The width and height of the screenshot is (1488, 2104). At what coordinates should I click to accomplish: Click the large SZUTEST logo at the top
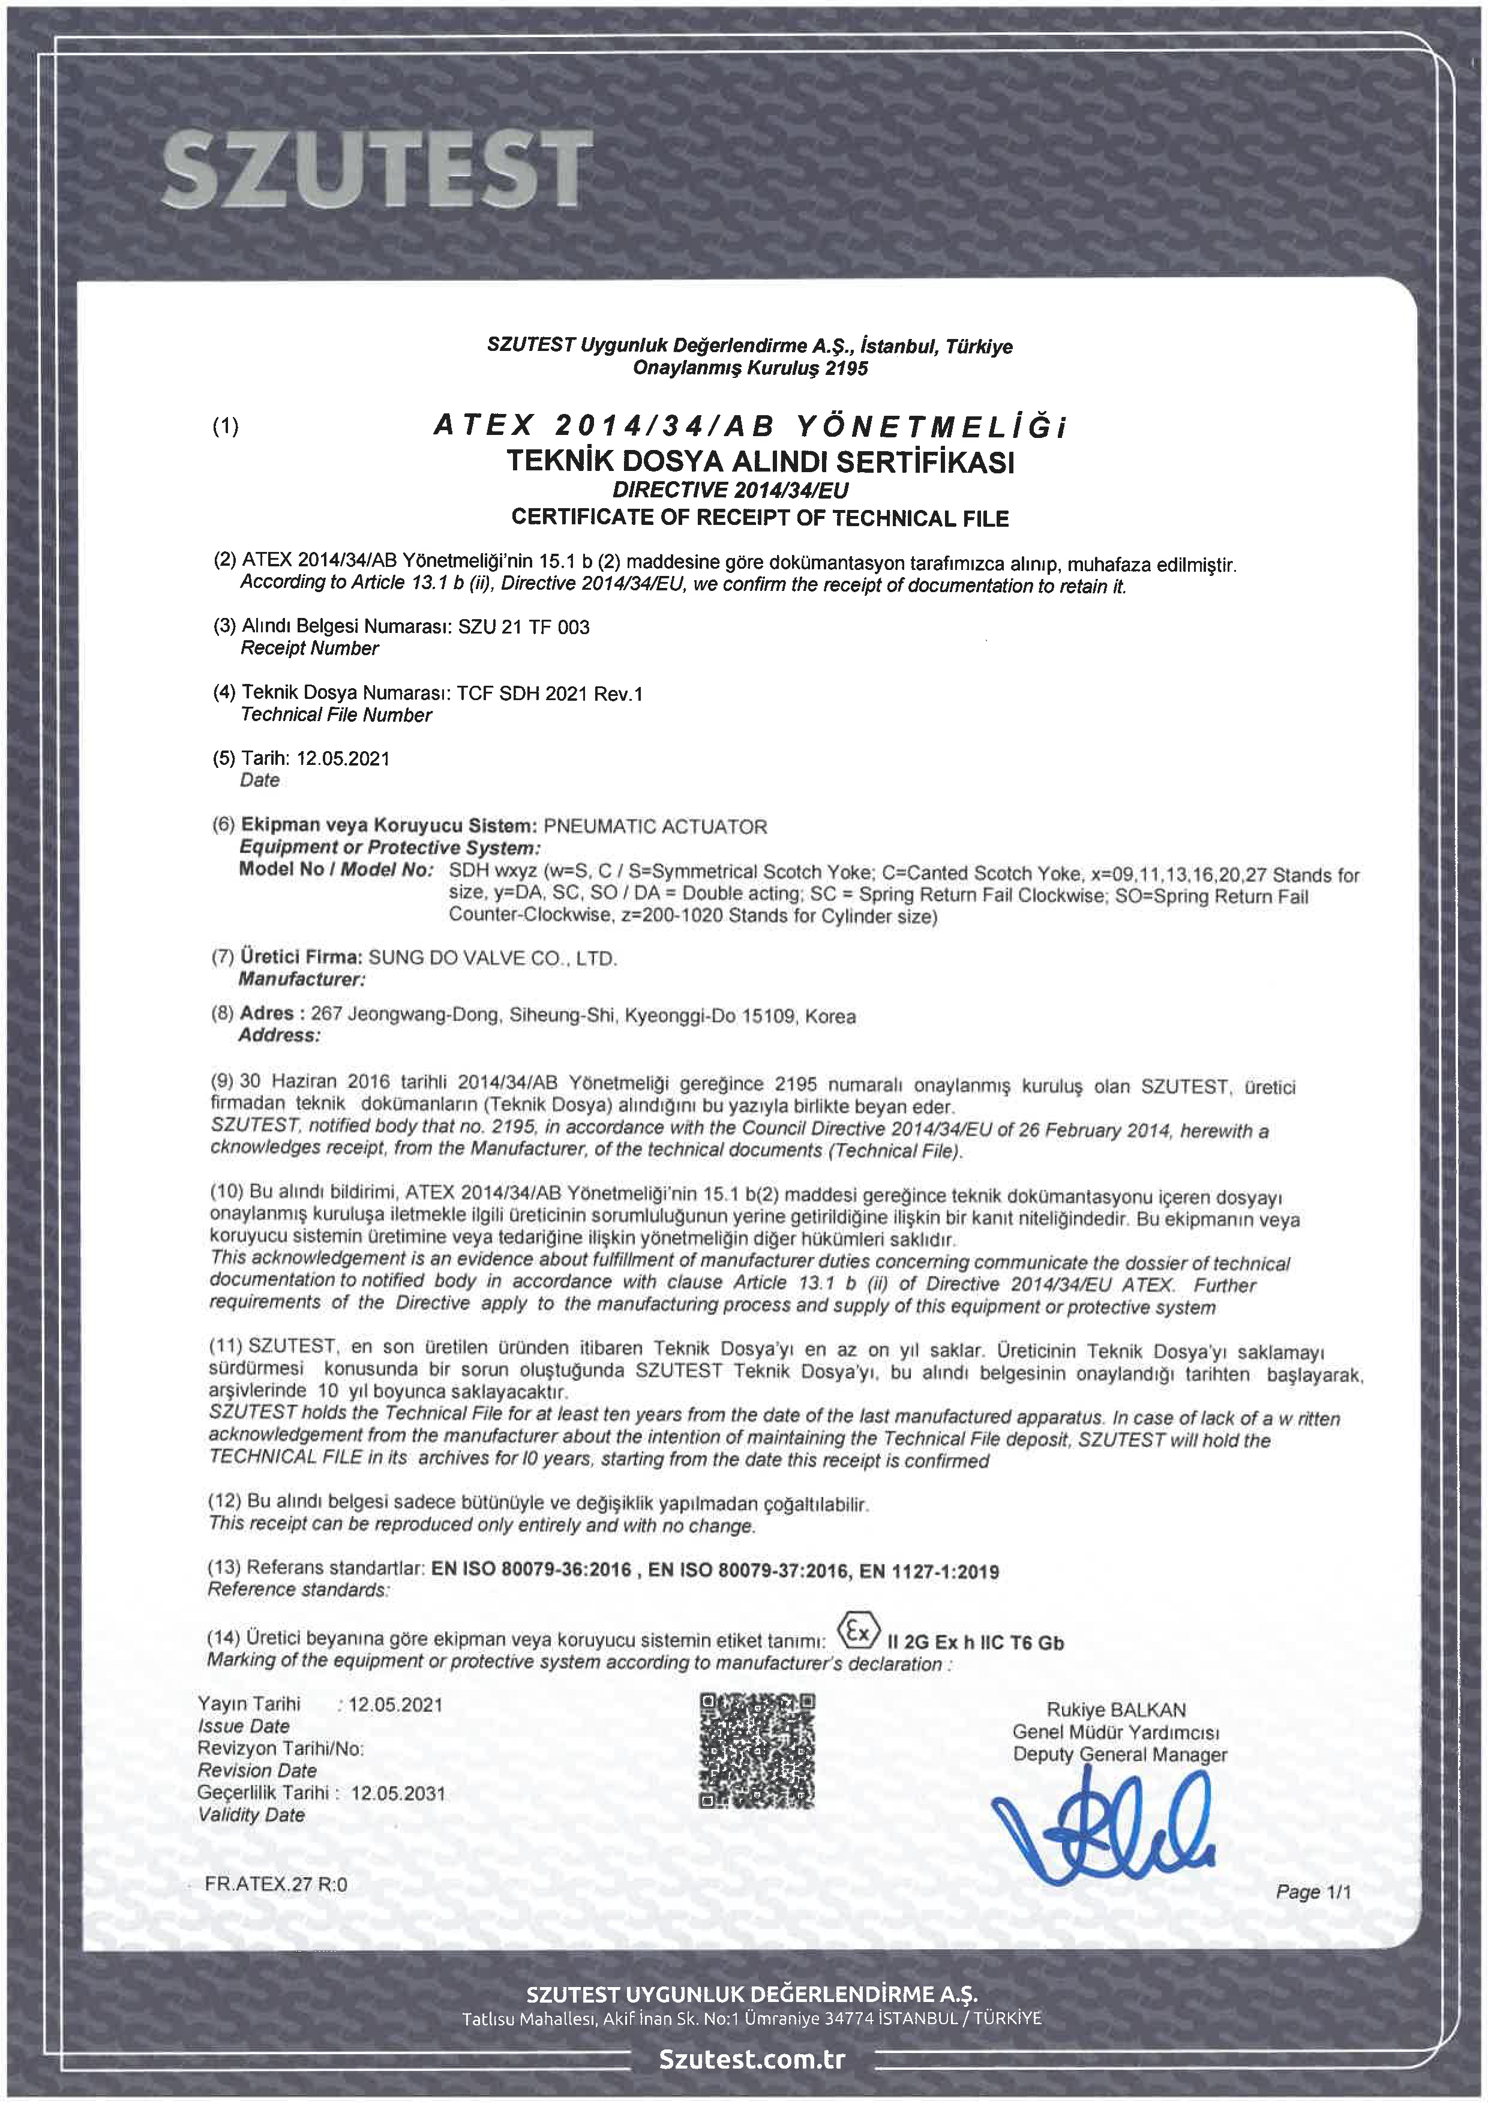click(x=376, y=168)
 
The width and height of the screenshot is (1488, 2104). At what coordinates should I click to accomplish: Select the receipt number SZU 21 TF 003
click(x=523, y=628)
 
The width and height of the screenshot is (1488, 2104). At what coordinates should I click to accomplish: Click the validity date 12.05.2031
click(x=398, y=1793)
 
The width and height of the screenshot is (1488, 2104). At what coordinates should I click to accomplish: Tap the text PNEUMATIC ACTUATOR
click(x=655, y=827)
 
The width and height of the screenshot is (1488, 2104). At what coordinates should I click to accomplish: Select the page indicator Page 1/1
click(x=1313, y=1892)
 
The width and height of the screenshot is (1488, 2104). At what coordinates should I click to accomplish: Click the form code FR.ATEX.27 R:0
click(x=276, y=1884)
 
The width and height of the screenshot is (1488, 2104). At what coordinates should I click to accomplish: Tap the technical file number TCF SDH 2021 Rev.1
click(x=550, y=694)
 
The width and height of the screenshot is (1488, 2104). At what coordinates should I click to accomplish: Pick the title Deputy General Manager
click(x=1119, y=1755)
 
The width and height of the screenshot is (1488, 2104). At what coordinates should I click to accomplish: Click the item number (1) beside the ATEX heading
click(x=226, y=426)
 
